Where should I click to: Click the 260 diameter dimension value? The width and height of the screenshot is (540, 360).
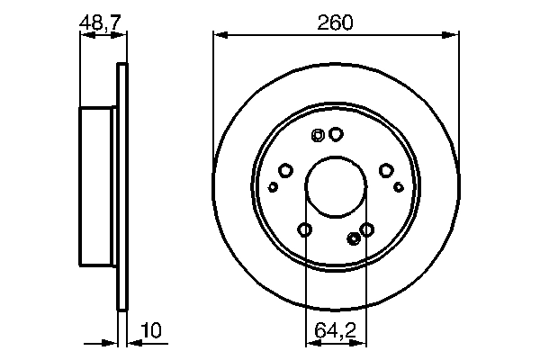coord(336,22)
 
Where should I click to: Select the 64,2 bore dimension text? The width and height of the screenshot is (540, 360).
coord(336,331)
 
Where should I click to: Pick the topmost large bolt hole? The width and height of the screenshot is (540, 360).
coord(336,134)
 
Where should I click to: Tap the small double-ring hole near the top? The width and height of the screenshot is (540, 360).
coord(317,136)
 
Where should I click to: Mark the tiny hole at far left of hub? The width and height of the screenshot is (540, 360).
coord(274,186)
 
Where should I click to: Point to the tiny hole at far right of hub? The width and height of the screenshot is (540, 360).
coord(398,186)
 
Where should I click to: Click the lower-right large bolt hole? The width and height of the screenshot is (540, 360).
coord(366,229)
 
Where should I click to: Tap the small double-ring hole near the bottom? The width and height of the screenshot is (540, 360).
coord(353,238)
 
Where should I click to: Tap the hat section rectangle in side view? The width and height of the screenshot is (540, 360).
coord(99,186)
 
